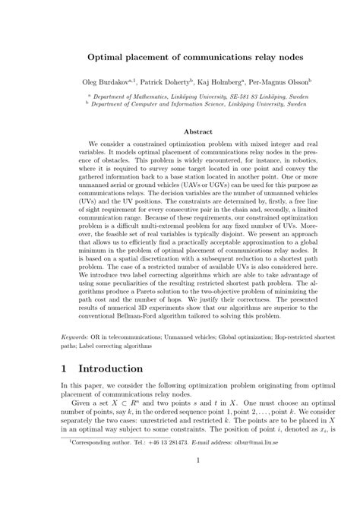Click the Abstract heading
(x=181, y=130)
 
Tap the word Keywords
(x=76, y=334)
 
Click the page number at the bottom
(x=181, y=480)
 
